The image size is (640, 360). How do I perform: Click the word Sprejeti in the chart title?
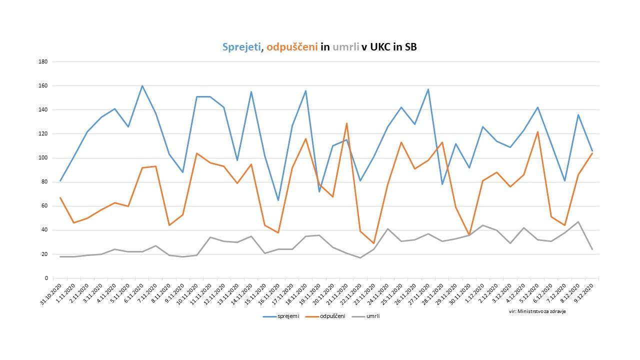241,47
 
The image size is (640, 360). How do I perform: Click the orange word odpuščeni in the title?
292,47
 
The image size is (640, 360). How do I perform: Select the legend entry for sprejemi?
288,316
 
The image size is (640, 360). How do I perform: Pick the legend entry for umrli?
373,316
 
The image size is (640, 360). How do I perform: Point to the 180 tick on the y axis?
43,62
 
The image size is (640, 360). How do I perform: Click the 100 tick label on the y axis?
43,158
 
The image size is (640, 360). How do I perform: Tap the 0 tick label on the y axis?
45,278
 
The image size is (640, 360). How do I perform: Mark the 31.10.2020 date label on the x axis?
51,295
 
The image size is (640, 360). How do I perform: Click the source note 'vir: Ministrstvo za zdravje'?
533,311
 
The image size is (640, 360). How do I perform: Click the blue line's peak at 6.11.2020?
142,85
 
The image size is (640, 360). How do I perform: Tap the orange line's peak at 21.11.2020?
346,123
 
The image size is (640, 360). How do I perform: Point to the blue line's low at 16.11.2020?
278,200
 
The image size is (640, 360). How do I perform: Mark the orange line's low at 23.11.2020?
373,243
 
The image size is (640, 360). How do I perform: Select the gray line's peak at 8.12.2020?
578,221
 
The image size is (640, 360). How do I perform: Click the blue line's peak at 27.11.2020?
428,89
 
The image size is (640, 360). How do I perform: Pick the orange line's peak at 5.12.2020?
537,132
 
